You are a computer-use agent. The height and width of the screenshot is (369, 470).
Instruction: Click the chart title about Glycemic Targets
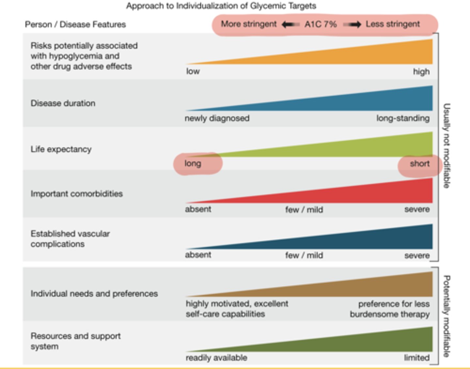pyautogui.click(x=221, y=6)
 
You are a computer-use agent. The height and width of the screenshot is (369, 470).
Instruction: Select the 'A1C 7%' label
pyautogui.click(x=320, y=24)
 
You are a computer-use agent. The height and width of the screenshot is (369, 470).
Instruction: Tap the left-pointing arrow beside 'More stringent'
pyautogui.click(x=290, y=24)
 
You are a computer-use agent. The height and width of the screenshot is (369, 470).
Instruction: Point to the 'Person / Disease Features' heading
pyautogui.click(x=75, y=24)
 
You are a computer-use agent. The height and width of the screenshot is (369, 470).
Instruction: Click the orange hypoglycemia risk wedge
pyautogui.click(x=375, y=55)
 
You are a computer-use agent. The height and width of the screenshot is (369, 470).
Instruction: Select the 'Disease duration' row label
pyautogui.click(x=63, y=103)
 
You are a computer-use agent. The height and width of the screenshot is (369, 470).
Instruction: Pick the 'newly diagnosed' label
pyautogui.click(x=217, y=118)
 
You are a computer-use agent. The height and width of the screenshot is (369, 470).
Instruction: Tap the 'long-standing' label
pyautogui.click(x=403, y=118)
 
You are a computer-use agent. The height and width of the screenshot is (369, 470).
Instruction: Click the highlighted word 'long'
pyautogui.click(x=193, y=163)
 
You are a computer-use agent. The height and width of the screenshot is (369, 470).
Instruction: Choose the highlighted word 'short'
pyautogui.click(x=419, y=163)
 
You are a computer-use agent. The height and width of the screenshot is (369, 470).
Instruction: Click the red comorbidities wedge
pyautogui.click(x=375, y=194)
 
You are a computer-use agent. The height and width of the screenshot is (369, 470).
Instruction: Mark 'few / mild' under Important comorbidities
pyautogui.click(x=304, y=209)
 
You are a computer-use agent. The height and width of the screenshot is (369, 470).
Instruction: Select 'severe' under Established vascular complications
pyautogui.click(x=417, y=255)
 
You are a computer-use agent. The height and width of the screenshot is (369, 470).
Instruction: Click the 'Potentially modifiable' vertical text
pyautogui.click(x=446, y=316)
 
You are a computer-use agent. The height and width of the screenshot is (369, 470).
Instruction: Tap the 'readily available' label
pyautogui.click(x=216, y=358)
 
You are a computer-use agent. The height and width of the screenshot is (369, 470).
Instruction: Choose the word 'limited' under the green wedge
pyautogui.click(x=416, y=358)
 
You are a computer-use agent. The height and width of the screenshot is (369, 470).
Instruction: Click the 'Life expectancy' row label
pyautogui.click(x=61, y=149)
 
